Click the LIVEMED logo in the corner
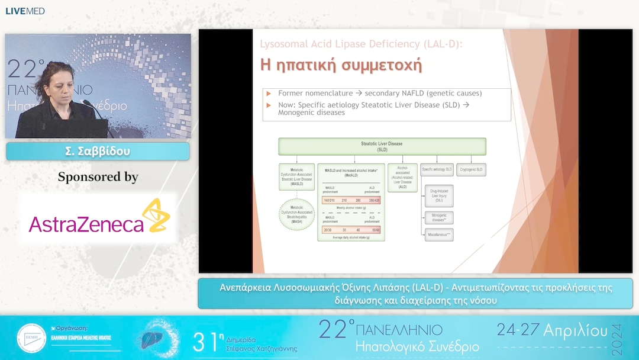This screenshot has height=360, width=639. [x=25, y=11]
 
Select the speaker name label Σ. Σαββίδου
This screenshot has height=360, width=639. [x=98, y=152]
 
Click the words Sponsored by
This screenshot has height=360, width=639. [x=98, y=176]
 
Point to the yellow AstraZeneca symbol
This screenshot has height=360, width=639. [x=156, y=216]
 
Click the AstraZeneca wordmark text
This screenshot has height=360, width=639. [x=86, y=224]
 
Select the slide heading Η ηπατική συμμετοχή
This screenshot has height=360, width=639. [x=341, y=65]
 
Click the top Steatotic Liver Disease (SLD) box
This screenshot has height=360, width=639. [x=382, y=146]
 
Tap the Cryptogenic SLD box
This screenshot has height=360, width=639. [x=471, y=170]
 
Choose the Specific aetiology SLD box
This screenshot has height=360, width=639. [x=437, y=170]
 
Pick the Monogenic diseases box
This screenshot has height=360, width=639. [x=438, y=217]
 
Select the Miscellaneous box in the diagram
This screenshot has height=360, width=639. [x=438, y=234]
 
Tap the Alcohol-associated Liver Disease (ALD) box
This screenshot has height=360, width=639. [x=402, y=177]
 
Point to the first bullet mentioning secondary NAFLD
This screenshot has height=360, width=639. [x=380, y=94]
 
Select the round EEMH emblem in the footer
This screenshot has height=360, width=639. [x=31, y=338]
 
